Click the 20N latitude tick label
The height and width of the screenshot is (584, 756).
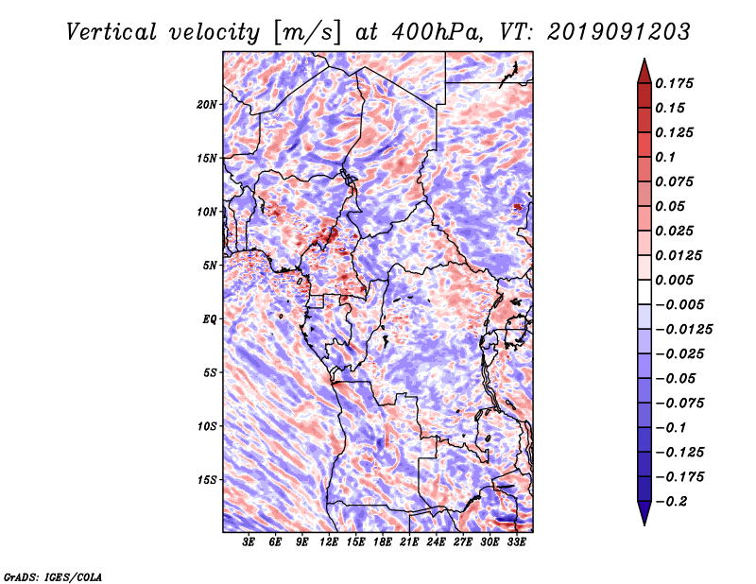click(207, 104)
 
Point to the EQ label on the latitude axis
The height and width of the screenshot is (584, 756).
click(209, 319)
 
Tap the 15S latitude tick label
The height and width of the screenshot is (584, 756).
click(207, 480)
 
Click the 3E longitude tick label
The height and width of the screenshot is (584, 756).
click(249, 543)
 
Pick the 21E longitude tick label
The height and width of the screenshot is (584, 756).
click(409, 543)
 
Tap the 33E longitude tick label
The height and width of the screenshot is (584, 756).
click(516, 543)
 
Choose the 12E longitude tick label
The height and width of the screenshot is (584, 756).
click(329, 543)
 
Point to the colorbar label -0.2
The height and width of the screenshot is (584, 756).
click(674, 501)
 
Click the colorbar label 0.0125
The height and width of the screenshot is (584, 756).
click(680, 255)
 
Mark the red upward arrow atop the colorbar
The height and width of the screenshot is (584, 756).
click(644, 69)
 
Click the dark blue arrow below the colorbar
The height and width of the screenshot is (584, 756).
click(644, 514)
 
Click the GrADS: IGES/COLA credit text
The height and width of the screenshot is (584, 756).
click(52, 575)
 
